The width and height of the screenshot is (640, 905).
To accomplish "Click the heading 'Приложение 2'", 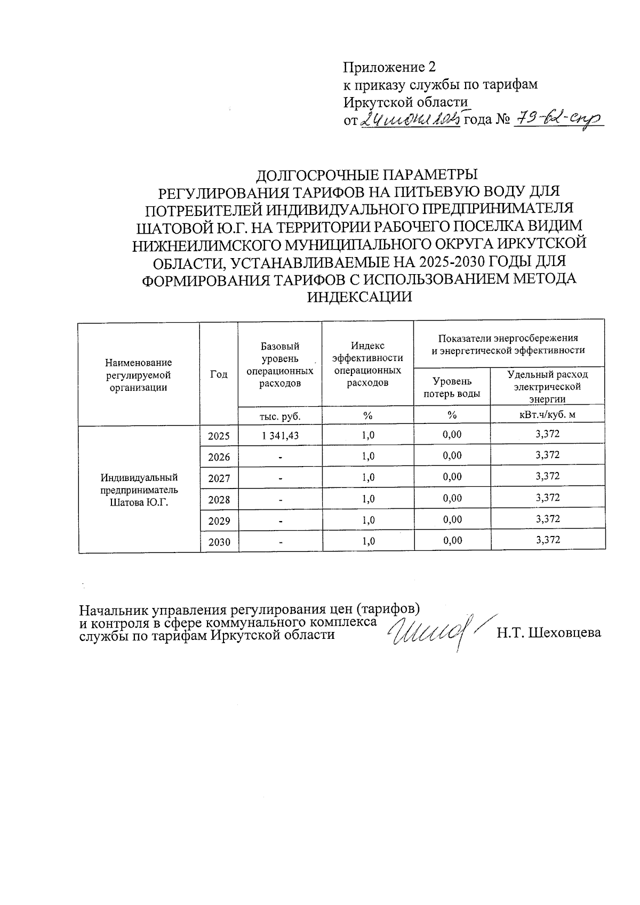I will pos(389,67).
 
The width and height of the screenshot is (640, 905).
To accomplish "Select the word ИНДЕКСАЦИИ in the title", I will pos(361,297).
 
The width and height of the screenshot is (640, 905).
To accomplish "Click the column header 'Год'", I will pos(219,374).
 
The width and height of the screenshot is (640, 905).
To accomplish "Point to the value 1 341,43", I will pos(280,435).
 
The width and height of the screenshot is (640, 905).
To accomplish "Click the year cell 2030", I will pos(219,542).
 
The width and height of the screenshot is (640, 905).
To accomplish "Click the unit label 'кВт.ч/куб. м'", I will pos(548,414).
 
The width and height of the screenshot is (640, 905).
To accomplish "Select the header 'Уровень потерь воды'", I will pos(452,387).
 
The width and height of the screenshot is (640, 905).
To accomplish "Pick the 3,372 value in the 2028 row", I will pos(548,498).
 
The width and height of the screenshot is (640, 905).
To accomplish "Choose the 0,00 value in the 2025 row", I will pos(452,434).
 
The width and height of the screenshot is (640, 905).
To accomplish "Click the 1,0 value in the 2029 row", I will pos(368,520).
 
